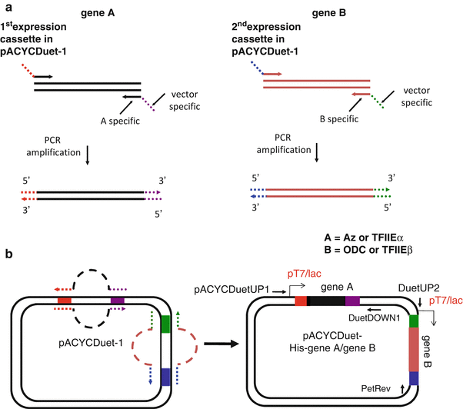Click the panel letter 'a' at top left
6,7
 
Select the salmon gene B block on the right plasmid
414,351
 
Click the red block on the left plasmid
65,301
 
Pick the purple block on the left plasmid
117,301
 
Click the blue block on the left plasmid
166,377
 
